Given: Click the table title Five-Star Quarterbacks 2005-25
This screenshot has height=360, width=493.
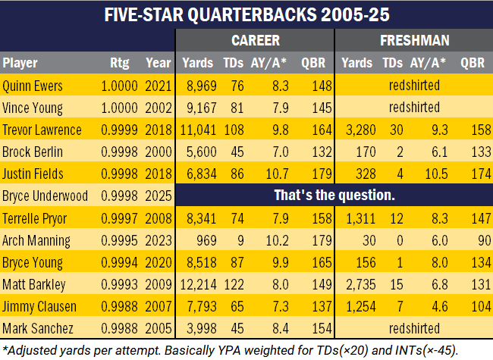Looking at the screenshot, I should [x=246, y=15].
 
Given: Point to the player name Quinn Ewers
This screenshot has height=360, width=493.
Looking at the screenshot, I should [x=33, y=86].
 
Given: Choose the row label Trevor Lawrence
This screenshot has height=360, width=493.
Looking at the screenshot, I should [x=42, y=130].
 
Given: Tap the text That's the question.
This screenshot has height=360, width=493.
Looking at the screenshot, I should [x=334, y=196].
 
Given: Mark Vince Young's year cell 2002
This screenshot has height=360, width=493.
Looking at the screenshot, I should [x=159, y=108].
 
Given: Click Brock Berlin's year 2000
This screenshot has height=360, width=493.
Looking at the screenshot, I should [x=159, y=152].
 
